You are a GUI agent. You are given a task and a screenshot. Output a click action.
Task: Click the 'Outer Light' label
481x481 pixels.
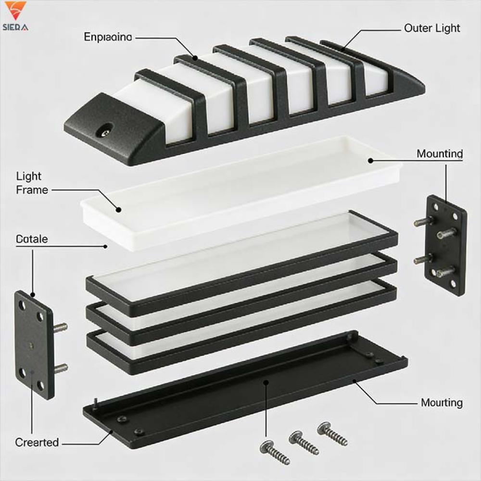(x=432, y=28)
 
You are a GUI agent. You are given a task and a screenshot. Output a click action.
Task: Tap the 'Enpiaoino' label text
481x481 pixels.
(x=108, y=37)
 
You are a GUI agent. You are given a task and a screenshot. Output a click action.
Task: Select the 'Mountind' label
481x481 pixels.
(x=440, y=154)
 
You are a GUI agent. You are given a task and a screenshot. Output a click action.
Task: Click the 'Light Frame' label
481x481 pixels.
(x=32, y=183)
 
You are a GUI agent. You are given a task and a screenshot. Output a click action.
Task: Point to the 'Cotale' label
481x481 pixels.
(x=32, y=239)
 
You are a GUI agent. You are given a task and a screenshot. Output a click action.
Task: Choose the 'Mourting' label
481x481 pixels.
(x=442, y=403)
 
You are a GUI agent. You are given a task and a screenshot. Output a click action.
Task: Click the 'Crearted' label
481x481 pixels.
(x=37, y=442)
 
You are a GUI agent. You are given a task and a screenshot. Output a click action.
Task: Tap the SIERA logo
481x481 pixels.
(x=15, y=17)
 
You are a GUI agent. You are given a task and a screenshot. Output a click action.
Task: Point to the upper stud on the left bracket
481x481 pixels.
(x=61, y=327)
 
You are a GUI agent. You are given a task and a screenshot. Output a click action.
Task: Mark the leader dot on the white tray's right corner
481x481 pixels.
(x=370, y=160)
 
